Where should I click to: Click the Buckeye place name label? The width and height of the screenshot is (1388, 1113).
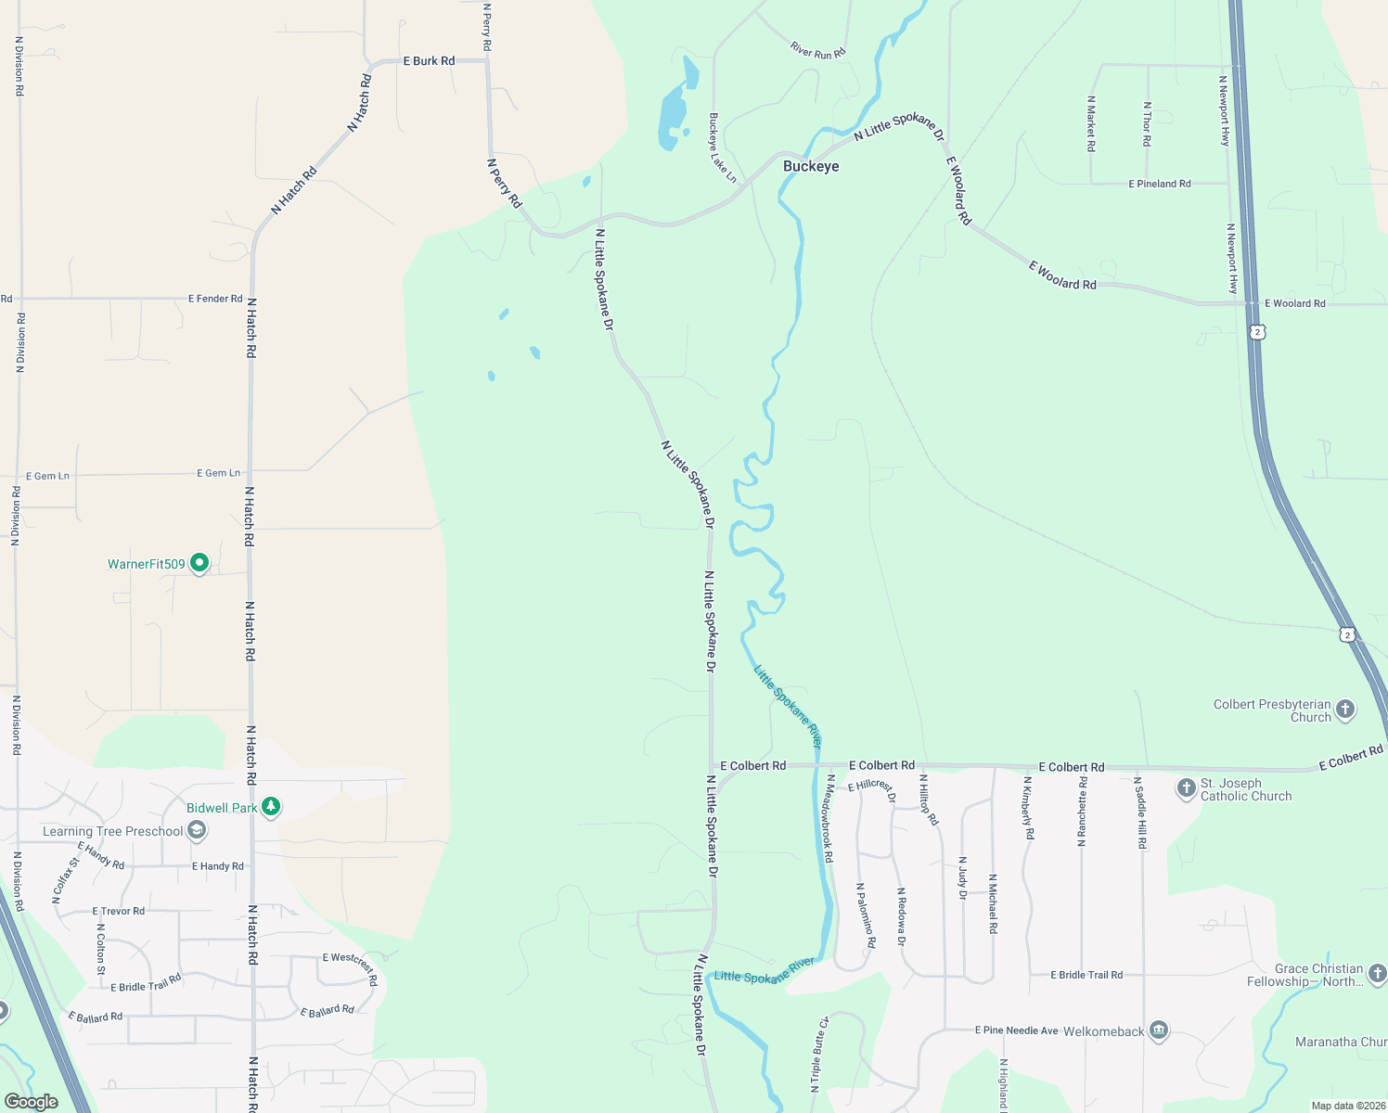click(811, 167)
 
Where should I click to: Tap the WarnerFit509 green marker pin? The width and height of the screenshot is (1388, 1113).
click(199, 562)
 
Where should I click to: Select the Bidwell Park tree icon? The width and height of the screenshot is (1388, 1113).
click(271, 807)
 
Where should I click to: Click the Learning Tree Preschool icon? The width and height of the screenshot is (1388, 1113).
click(197, 830)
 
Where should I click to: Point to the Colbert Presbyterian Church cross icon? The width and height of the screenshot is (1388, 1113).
click(1345, 710)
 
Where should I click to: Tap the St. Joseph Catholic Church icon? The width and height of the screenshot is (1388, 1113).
click(1186, 788)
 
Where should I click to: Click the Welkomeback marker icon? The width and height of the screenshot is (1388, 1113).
click(1158, 1030)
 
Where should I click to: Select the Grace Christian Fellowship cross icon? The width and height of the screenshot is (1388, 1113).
click(1378, 973)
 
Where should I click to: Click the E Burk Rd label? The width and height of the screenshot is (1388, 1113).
click(429, 61)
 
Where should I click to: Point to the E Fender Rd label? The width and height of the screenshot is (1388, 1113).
click(215, 299)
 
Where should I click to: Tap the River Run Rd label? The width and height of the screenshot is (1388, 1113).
click(818, 50)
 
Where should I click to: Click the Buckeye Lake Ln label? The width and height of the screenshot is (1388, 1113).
click(722, 147)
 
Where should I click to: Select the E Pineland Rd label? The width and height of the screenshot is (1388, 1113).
click(1160, 184)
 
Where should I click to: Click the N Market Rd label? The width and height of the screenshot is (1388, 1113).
click(1091, 123)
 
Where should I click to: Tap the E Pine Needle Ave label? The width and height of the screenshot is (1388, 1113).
click(1017, 1030)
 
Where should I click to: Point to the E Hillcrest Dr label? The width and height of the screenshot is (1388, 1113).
click(872, 790)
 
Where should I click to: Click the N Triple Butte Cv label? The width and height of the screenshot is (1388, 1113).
click(819, 1054)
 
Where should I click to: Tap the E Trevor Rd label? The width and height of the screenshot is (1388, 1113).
click(119, 911)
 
